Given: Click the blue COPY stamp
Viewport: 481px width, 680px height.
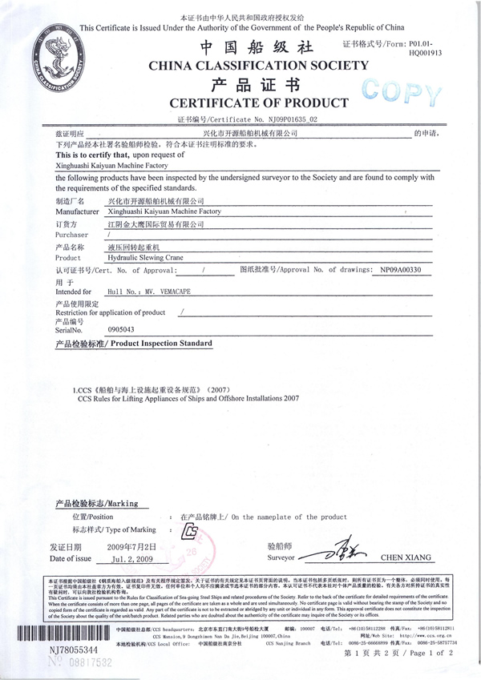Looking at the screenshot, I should (x=398, y=93).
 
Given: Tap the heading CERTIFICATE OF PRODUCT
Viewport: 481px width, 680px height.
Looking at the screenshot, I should (x=257, y=103).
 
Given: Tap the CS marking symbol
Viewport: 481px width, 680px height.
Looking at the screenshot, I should (x=190, y=531).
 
